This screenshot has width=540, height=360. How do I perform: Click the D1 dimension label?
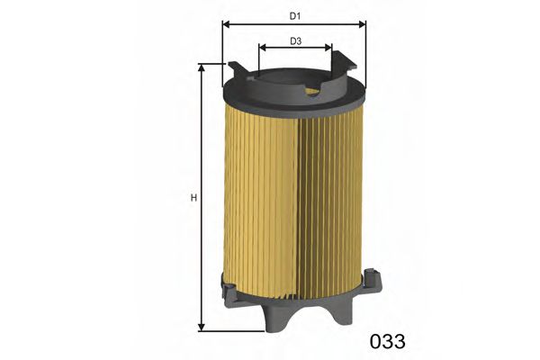coord(294,15)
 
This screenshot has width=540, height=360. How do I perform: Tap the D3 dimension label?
coord(294,40)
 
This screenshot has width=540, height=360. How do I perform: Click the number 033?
coord(388,342)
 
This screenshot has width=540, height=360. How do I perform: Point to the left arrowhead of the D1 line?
coord(226,25)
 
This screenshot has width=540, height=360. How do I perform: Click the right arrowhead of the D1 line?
coord(363,25)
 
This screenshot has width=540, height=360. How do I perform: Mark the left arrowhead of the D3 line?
coord(263,50)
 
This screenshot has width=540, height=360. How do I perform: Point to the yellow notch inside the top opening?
coord(312,90)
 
